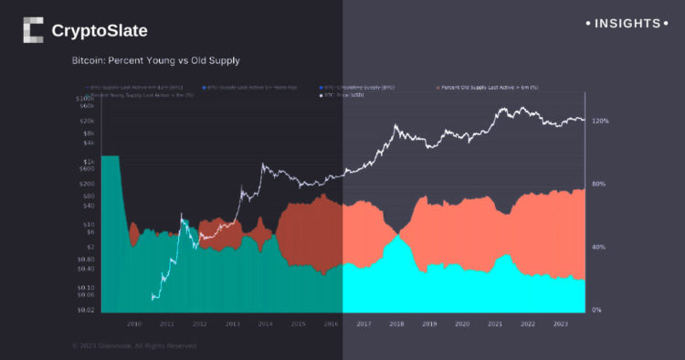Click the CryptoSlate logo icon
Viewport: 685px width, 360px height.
(33, 30)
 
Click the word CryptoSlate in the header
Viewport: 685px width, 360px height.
(100, 31)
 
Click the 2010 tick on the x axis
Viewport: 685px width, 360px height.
(133, 323)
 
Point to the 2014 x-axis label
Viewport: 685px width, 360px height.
(265, 323)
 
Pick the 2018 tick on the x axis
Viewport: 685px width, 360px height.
(395, 323)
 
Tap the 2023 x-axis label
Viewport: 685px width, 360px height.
(560, 323)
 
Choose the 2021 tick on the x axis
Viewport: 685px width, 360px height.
(494, 323)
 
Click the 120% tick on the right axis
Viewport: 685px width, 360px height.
(600, 121)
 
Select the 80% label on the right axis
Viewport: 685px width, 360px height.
(599, 184)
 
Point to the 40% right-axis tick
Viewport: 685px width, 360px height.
(599, 247)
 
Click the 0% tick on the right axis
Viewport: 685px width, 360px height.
(597, 311)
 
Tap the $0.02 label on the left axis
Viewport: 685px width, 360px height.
(84, 311)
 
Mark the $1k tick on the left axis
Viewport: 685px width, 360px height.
(88, 160)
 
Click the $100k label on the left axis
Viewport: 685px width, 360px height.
(84, 97)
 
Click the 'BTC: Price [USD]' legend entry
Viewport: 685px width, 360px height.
(342, 95)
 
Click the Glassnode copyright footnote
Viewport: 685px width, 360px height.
(133, 345)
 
